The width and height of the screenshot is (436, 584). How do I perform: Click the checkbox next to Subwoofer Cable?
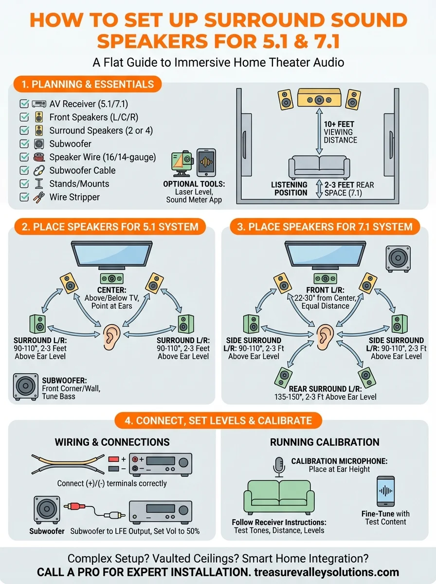(x=23, y=170)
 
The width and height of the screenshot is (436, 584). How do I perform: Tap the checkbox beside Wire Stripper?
(x=23, y=197)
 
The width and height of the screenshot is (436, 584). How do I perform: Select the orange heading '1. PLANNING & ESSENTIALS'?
(x=85, y=84)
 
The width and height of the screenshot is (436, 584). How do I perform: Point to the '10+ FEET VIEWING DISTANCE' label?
(x=341, y=132)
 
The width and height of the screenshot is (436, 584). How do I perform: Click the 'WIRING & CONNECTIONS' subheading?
(x=112, y=442)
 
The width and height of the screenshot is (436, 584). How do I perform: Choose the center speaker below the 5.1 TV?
(x=111, y=279)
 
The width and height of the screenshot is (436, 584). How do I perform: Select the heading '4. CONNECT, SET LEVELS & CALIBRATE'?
(x=218, y=420)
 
